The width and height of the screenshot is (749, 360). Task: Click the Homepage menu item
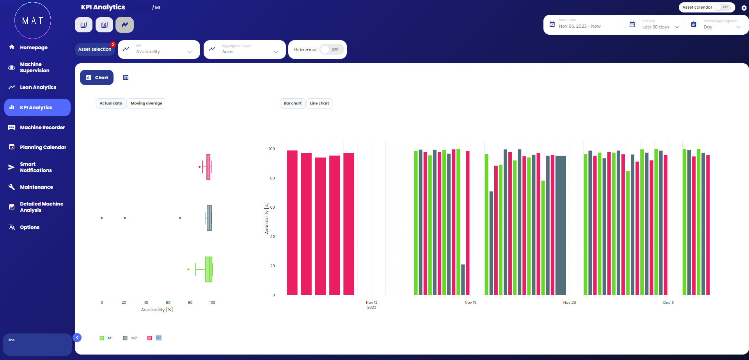point(34,48)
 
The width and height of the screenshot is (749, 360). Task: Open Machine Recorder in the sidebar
point(42,128)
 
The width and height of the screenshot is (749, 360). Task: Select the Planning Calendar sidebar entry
point(43,147)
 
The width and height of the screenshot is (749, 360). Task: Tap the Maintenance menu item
point(36,187)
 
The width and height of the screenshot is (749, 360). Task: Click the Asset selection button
point(94,50)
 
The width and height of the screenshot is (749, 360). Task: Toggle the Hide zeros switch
point(331,50)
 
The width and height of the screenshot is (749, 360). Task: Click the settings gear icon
point(744,8)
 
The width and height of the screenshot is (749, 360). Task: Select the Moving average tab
point(146,103)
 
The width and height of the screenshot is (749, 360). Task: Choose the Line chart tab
point(319,103)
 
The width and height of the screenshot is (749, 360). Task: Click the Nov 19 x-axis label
point(470,303)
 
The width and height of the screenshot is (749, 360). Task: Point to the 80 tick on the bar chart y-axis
point(272,178)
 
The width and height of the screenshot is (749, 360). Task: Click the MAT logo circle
point(33,21)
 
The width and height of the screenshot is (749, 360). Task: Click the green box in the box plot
point(208,269)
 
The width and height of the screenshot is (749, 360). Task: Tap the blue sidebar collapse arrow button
point(77,338)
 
